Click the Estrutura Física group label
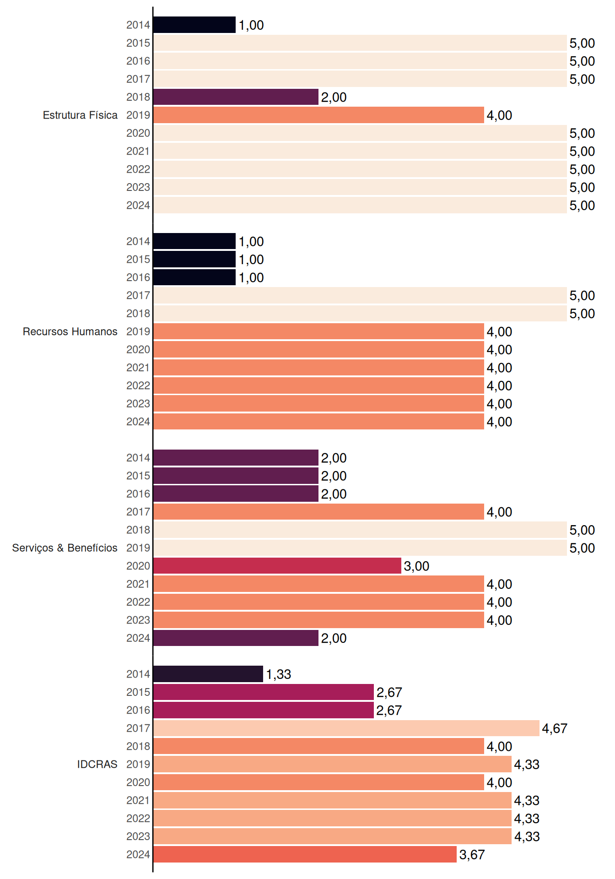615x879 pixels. click(80, 115)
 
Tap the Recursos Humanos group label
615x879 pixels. click(70, 331)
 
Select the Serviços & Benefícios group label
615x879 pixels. click(65, 548)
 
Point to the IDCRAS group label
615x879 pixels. click(97, 764)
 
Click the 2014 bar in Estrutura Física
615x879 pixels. click(194, 25)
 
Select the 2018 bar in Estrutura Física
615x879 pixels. click(236, 97)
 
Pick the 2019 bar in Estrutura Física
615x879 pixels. click(318, 115)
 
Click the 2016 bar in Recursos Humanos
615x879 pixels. click(194, 277)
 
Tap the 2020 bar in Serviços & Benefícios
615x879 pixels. click(277, 566)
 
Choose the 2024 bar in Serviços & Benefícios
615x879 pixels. click(236, 638)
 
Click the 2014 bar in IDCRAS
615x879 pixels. click(208, 674)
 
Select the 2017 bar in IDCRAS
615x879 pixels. click(346, 728)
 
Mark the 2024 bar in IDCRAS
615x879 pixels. click(305, 854)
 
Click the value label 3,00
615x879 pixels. click(416, 566)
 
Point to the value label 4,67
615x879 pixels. click(555, 728)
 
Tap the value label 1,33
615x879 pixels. click(279, 674)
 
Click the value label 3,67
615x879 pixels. click(472, 855)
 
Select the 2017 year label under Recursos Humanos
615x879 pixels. click(138, 295)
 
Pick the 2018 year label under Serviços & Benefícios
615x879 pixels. click(138, 530)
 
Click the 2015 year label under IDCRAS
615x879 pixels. click(138, 692)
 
